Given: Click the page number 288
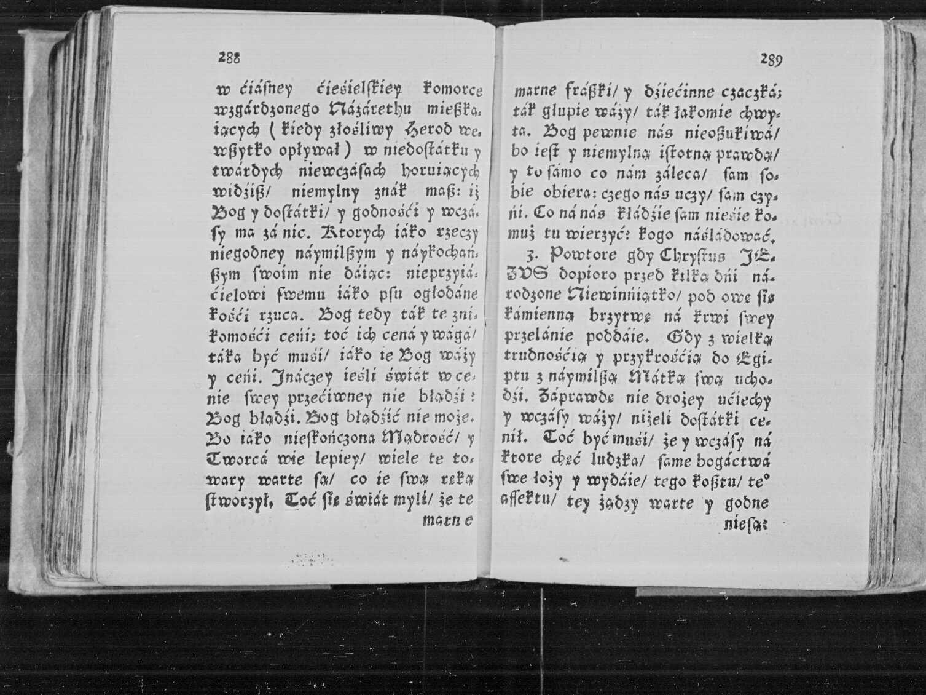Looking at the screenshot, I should [x=229, y=57].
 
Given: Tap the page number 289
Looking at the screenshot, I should [x=771, y=60].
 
